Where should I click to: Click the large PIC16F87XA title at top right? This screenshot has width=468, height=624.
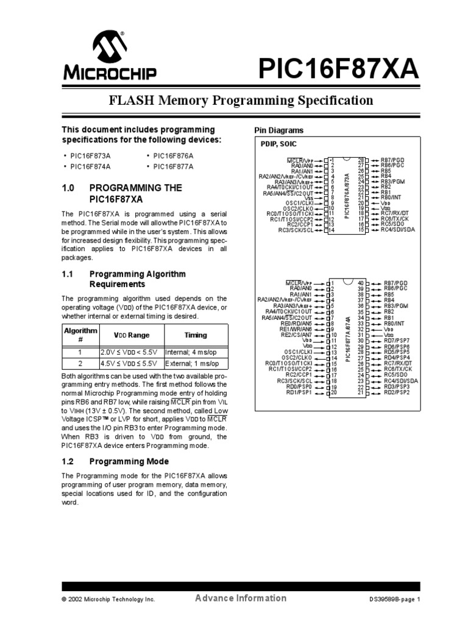pyautogui.click(x=339, y=68)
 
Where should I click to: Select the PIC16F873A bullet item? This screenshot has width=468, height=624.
pyautogui.click(x=91, y=155)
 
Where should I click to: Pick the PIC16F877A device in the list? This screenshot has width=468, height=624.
pyautogui.click(x=173, y=166)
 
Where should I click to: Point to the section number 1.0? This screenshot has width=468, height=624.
pyautogui.click(x=68, y=188)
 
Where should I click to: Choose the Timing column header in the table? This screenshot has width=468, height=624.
pyautogui.click(x=196, y=335)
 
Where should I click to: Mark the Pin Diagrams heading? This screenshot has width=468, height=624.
pyautogui.click(x=278, y=131)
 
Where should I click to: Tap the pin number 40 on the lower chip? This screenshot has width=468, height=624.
pyautogui.click(x=360, y=283)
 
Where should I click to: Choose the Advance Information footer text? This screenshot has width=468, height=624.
pyautogui.click(x=241, y=598)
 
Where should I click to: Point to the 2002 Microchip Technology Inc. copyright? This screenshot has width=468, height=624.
pyautogui.click(x=108, y=600)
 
